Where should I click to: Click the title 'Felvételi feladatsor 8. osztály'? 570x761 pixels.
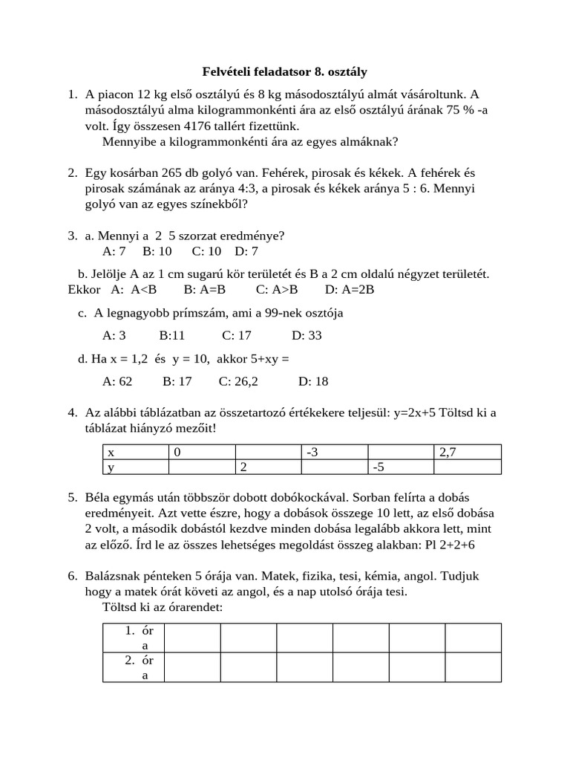[x=285, y=72]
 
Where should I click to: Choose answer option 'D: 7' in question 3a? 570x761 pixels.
[x=246, y=251]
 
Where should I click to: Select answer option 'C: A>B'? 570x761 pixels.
[x=277, y=290]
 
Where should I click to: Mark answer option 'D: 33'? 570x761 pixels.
[x=307, y=335]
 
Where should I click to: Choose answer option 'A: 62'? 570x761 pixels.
[x=117, y=381]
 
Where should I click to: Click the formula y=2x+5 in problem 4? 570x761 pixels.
[x=410, y=412]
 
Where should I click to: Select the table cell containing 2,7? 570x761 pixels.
[x=467, y=452]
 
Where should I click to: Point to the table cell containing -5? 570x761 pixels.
[x=400, y=467]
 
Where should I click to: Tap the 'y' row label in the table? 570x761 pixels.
[x=135, y=467]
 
